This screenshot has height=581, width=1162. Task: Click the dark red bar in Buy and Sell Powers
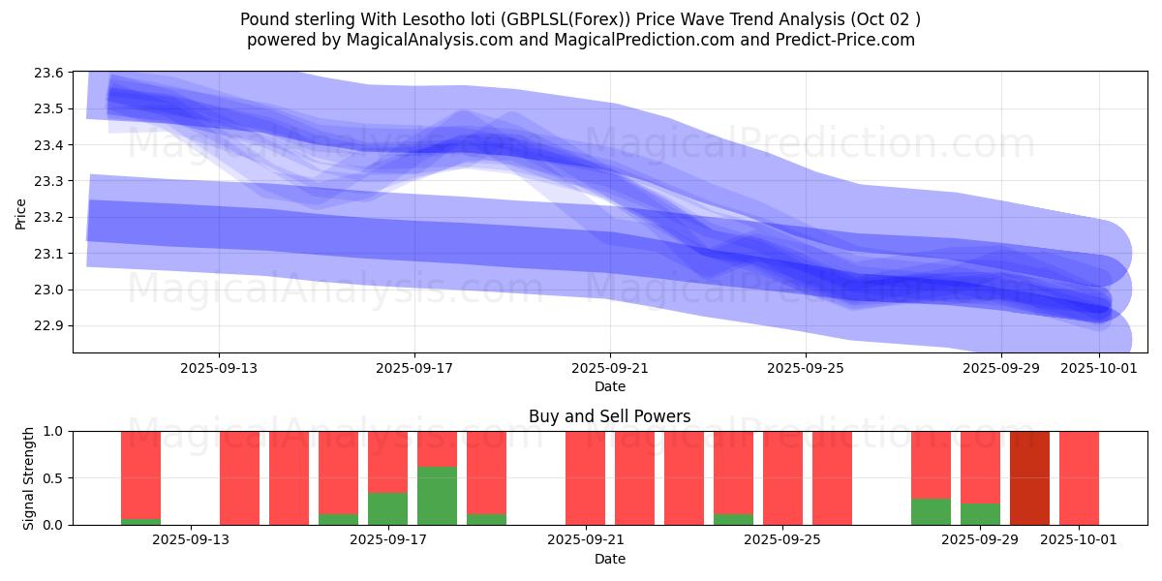[1029, 477]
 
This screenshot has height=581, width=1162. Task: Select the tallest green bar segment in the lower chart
[437, 496]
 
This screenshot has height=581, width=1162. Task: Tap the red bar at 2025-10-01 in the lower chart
[1079, 477]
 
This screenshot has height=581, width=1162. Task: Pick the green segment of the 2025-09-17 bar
[387, 508]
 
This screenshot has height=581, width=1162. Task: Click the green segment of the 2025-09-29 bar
[980, 514]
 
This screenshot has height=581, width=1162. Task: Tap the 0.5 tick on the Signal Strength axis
[54, 478]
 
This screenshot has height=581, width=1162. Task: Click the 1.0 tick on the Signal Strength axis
[54, 431]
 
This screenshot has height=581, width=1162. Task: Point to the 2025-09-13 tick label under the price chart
[219, 368]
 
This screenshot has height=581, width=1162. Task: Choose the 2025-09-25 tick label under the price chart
[806, 368]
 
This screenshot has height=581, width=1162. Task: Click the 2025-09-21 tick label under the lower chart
[586, 540]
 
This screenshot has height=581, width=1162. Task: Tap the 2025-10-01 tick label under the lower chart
[1079, 540]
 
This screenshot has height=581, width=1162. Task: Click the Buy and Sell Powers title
[609, 416]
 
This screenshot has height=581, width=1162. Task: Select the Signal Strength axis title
[29, 477]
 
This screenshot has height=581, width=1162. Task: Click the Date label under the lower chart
[609, 559]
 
